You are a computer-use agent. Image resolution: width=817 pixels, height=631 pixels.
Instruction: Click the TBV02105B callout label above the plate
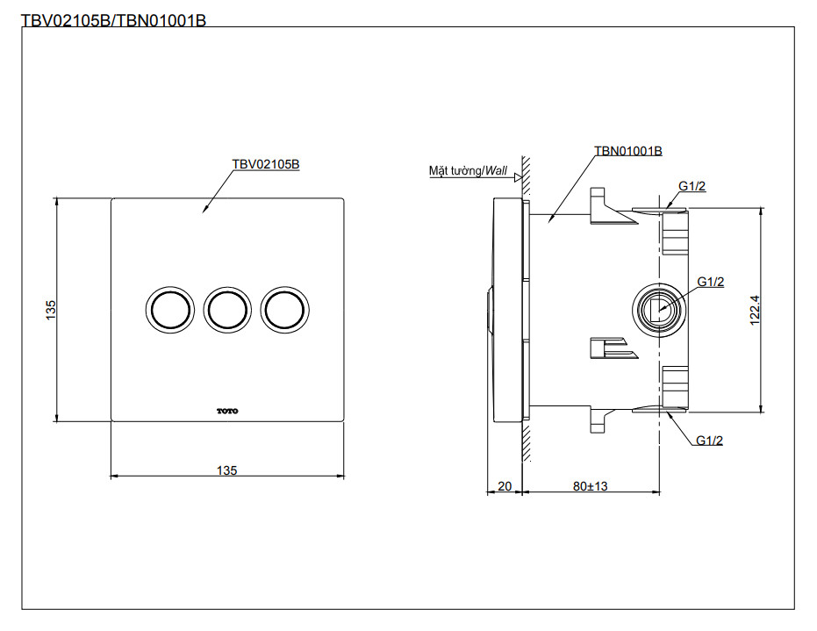point(265,164)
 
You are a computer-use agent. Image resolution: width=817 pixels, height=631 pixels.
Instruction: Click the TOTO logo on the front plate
point(226,411)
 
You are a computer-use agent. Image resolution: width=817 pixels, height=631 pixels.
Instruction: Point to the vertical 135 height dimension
point(51,309)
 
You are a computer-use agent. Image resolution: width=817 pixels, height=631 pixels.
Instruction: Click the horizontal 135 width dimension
point(226,470)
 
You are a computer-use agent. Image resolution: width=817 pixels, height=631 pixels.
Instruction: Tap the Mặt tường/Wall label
point(468,170)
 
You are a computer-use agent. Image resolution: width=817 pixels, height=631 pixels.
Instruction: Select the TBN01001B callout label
point(627,151)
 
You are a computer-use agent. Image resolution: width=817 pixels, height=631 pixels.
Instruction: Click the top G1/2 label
point(692,186)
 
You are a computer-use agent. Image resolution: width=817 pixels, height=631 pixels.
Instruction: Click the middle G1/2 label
point(710,281)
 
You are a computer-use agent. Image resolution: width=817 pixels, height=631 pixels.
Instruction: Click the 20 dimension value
point(504,485)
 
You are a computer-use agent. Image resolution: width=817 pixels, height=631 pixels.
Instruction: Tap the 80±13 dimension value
point(589,485)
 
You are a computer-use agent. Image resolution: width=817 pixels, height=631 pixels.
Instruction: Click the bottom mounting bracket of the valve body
point(611,416)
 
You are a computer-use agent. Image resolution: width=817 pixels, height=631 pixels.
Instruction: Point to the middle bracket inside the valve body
point(612,348)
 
